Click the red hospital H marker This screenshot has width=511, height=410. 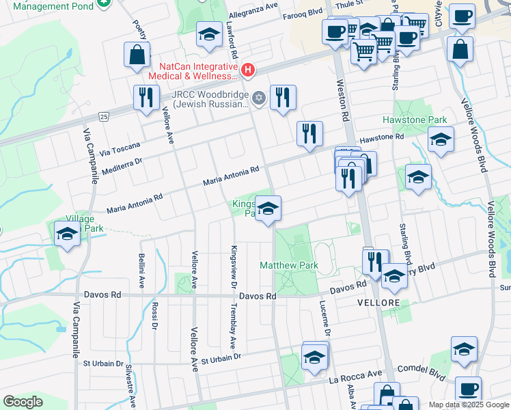(x=247, y=70)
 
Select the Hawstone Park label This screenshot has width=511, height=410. (x=424, y=120)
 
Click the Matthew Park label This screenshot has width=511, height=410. (x=289, y=265)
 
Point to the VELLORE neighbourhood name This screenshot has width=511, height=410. (x=378, y=302)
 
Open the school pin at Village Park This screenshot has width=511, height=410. (x=67, y=234)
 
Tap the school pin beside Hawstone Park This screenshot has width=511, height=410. (x=441, y=141)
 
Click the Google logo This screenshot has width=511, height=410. (x=23, y=402)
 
